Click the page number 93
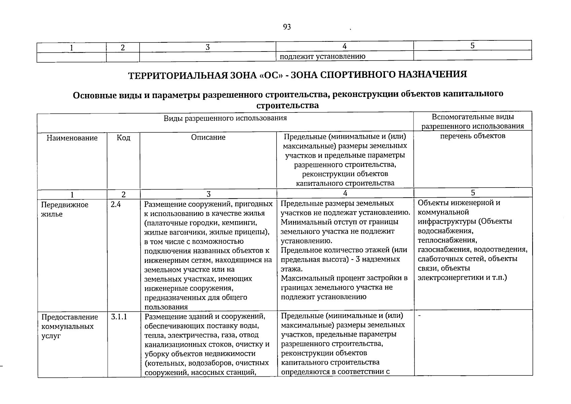(287, 27)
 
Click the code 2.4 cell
(115, 204)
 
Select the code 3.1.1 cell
(119, 317)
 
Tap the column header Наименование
(72, 138)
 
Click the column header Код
(123, 138)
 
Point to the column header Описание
(208, 137)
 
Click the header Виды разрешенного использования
(225, 118)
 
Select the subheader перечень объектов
(473, 136)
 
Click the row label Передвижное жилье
(65, 209)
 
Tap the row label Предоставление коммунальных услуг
(70, 326)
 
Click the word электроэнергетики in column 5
(447, 277)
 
